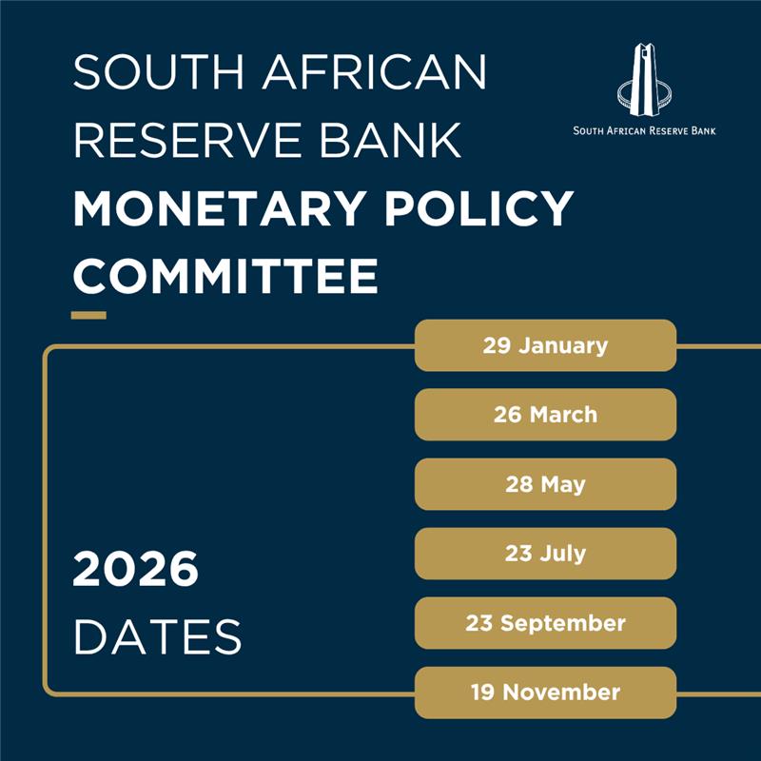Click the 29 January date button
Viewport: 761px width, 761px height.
tap(545, 345)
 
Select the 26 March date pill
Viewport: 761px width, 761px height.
tap(545, 415)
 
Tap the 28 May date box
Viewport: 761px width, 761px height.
tap(545, 484)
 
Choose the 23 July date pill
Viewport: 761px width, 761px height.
tap(545, 554)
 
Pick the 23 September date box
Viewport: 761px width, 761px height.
tap(545, 623)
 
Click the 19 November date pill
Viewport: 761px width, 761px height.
tap(545, 693)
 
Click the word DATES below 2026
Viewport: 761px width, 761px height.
tap(157, 636)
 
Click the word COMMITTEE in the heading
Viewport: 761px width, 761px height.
tap(225, 277)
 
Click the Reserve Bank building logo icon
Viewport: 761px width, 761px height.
tap(645, 80)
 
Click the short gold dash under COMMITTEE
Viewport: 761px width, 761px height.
tap(89, 314)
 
